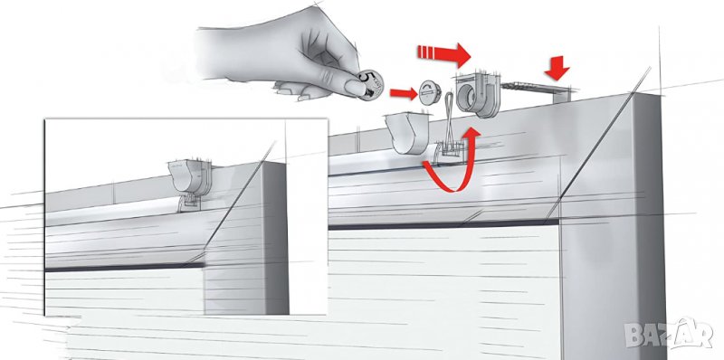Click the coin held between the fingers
coord(371,84)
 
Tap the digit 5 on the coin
coord(365,78)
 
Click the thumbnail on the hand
coord(354,87)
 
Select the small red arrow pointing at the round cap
coord(404,94)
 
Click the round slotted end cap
coord(430,92)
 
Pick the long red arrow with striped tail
coord(443,54)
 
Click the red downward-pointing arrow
coord(557,67)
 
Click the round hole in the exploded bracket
coord(468,98)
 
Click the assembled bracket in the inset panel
coord(190,176)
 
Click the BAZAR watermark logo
coord(669,332)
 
